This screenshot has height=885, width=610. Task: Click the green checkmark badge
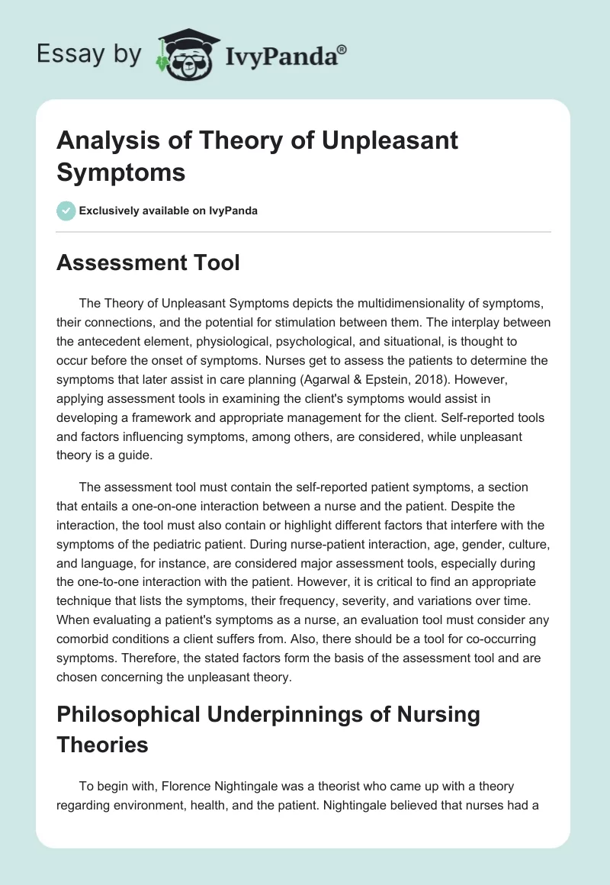tap(67, 211)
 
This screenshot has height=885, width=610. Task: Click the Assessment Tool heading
tap(149, 263)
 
